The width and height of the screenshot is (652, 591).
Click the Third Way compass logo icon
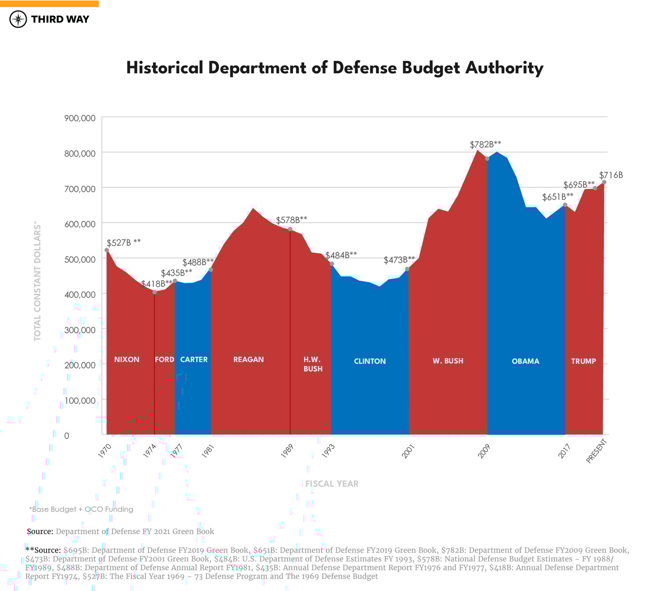18,19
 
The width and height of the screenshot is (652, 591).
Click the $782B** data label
485,145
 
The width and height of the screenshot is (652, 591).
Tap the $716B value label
611,175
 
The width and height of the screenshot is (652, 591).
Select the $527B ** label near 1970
123,242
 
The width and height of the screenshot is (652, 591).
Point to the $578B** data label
291,220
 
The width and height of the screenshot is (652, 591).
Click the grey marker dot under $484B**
332,264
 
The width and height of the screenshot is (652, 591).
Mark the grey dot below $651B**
565,205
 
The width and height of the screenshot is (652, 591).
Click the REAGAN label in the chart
248,360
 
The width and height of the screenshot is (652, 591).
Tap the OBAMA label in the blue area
525,361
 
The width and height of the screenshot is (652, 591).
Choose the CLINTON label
370,361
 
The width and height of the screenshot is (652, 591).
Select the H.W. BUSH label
313,364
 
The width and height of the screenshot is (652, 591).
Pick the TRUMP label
583,361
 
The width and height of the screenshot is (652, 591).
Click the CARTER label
194,360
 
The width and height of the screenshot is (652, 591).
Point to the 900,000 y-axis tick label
80,118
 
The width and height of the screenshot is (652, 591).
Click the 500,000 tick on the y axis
80,259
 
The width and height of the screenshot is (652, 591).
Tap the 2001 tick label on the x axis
408,452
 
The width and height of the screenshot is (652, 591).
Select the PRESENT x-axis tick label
596,451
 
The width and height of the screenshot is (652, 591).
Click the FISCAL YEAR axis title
332,484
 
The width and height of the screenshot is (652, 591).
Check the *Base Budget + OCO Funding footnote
81,509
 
